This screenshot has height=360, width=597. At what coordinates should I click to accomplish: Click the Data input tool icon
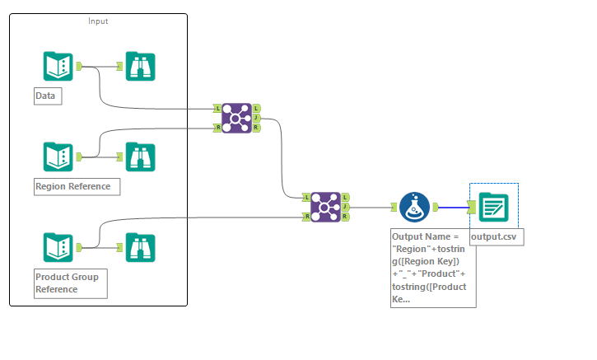(58, 66)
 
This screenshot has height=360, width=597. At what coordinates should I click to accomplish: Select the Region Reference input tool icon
(58, 157)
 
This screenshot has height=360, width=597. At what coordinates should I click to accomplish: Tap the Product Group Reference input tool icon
(58, 247)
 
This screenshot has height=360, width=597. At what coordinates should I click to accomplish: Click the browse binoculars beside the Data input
(141, 66)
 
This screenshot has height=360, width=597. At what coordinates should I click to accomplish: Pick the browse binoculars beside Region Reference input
(141, 157)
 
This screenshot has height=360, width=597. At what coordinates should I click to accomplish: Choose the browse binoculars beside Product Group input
(141, 247)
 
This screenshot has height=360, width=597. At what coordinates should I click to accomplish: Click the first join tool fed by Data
(237, 118)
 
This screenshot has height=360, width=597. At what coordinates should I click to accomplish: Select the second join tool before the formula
(326, 207)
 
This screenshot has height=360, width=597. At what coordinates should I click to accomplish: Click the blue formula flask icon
(415, 207)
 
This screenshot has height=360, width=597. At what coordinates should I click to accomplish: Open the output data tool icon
(493, 207)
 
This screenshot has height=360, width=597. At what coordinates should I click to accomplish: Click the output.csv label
(497, 237)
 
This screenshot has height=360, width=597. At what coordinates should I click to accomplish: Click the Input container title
(98, 21)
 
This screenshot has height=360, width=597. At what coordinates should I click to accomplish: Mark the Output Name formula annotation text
(433, 268)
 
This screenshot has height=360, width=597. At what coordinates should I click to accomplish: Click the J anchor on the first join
(257, 118)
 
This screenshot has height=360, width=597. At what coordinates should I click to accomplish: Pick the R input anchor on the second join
(306, 217)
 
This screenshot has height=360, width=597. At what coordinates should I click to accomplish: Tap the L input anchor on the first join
(217, 108)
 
